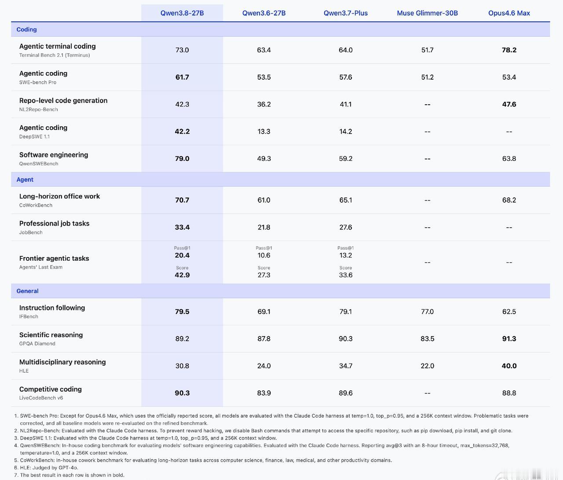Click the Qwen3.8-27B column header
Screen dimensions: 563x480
pyautogui.click(x=182, y=13)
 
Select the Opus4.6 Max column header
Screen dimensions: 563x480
pyautogui.click(x=509, y=13)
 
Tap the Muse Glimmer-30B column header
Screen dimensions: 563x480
pyautogui.click(x=427, y=13)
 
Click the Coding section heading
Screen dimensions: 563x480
pyautogui.click(x=26, y=29)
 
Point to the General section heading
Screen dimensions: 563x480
pyautogui.click(x=27, y=291)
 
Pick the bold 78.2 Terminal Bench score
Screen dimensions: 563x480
pyautogui.click(x=509, y=50)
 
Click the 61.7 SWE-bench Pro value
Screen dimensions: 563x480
pyautogui.click(x=182, y=77)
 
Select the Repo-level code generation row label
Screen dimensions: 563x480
pyautogui.click(x=63, y=101)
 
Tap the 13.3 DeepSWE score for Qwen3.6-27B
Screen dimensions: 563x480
pyautogui.click(x=263, y=131)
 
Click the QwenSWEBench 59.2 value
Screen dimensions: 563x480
pyautogui.click(x=345, y=159)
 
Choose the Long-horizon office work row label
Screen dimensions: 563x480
pyautogui.click(x=59, y=196)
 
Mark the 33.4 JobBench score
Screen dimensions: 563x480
pyautogui.click(x=182, y=227)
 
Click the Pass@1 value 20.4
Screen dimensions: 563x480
pyautogui.click(x=182, y=255)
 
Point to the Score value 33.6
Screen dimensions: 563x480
pyautogui.click(x=345, y=275)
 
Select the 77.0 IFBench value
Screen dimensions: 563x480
pyautogui.click(x=427, y=312)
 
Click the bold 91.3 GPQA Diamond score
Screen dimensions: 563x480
pyautogui.click(x=509, y=339)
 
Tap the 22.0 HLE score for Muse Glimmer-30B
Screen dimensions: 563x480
pyautogui.click(x=427, y=366)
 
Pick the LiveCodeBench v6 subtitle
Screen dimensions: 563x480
pyautogui.click(x=41, y=398)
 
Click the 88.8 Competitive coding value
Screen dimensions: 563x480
pyautogui.click(x=509, y=393)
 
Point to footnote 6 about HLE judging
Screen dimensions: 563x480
pyautogui.click(x=46, y=468)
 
